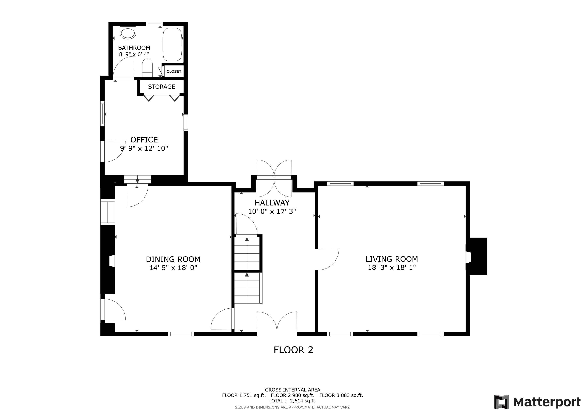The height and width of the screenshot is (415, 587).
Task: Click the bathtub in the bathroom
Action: tap(172, 44)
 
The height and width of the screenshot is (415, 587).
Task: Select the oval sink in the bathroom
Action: tap(128, 33)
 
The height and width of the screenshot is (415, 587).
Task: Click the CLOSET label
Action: tap(174, 72)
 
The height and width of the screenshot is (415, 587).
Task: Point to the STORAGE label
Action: tap(162, 87)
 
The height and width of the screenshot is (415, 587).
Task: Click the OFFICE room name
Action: tap(144, 140)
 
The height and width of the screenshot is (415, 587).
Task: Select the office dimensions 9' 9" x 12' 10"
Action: tap(144, 149)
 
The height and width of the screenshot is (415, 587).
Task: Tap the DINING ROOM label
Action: tap(173, 259)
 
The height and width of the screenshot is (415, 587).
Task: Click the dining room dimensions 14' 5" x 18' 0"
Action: tap(173, 268)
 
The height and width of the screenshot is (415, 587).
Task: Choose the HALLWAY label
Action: tap(272, 203)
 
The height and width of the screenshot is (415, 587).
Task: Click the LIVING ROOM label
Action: tap(392, 259)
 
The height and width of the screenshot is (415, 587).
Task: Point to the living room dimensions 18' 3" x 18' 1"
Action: tap(392, 267)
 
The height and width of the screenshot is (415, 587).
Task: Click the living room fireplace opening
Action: tap(468, 257)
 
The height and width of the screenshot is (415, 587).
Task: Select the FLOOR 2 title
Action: tap(293, 350)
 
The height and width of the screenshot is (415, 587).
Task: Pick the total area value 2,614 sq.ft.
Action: tap(303, 401)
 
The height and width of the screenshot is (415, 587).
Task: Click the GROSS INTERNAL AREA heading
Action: tap(292, 390)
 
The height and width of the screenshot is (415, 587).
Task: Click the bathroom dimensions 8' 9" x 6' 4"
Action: tap(134, 54)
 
